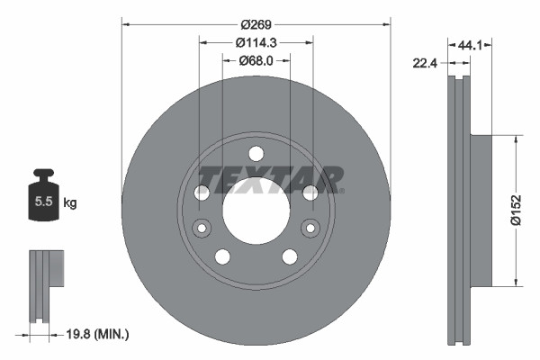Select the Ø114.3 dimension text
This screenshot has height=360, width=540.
[x=256, y=41]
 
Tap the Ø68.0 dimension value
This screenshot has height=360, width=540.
[x=256, y=60]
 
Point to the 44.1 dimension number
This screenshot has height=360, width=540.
[x=472, y=42]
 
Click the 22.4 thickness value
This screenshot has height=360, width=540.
[x=427, y=62]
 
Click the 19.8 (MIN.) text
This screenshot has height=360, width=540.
[x=98, y=334]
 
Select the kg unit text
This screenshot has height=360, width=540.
[x=70, y=203]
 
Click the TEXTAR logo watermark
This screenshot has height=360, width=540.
[x=270, y=179]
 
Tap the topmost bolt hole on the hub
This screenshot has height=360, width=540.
[x=256, y=152]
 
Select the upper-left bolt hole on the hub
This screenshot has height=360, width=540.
[x=202, y=192]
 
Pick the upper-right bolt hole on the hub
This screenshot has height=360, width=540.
[x=309, y=192]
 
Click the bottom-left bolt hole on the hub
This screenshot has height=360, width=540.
[x=222, y=256]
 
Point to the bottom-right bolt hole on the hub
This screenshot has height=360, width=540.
[x=289, y=256]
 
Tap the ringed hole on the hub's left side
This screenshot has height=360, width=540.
[x=202, y=227]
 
